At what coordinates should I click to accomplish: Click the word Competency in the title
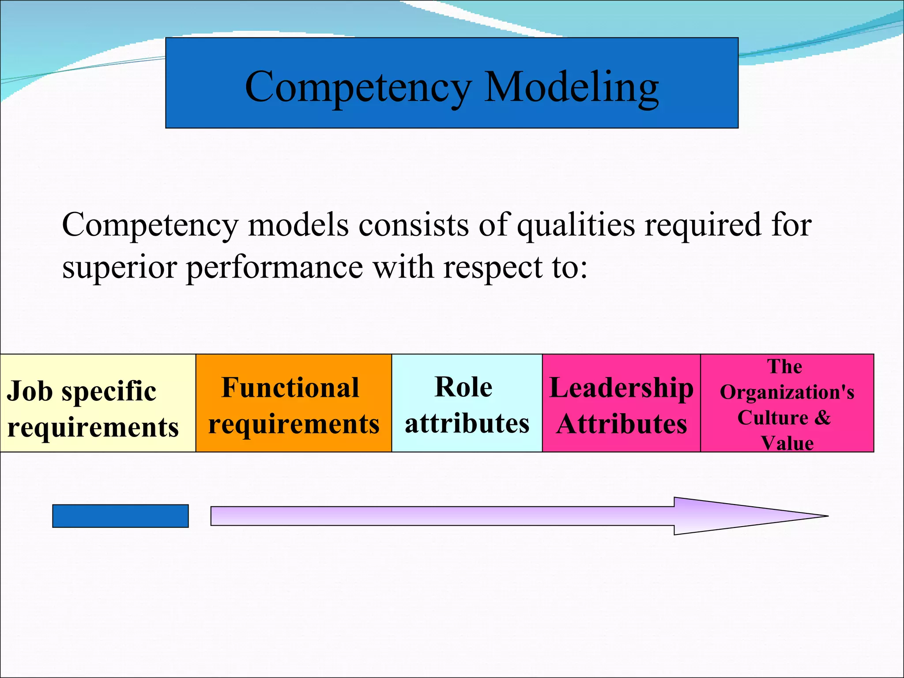(x=358, y=87)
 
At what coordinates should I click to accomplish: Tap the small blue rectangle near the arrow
(x=121, y=516)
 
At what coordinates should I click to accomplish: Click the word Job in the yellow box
(x=30, y=391)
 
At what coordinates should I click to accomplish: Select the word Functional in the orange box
(x=290, y=388)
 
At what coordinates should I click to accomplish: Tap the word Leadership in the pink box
(x=621, y=388)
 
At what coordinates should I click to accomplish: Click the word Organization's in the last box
(x=787, y=392)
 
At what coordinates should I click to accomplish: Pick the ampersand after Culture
(x=822, y=417)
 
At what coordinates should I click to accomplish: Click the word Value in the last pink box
(x=787, y=443)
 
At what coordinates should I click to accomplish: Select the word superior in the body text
(x=119, y=267)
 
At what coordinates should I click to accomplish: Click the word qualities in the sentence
(x=576, y=225)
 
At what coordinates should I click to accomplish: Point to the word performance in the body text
(x=275, y=267)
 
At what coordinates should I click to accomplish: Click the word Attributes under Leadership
(x=621, y=424)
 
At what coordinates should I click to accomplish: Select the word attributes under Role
(x=467, y=423)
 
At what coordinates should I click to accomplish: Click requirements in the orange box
(x=294, y=424)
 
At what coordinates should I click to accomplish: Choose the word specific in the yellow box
(x=109, y=391)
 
